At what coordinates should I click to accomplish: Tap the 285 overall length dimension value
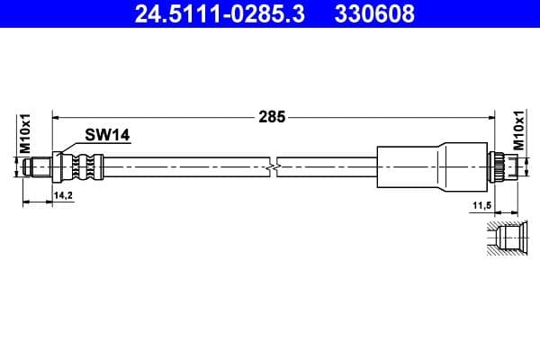273,116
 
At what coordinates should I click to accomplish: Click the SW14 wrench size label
108,135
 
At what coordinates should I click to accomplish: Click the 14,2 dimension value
62,194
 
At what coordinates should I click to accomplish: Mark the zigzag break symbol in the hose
274,166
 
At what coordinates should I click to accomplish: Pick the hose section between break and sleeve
328,166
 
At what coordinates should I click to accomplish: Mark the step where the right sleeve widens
439,166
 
